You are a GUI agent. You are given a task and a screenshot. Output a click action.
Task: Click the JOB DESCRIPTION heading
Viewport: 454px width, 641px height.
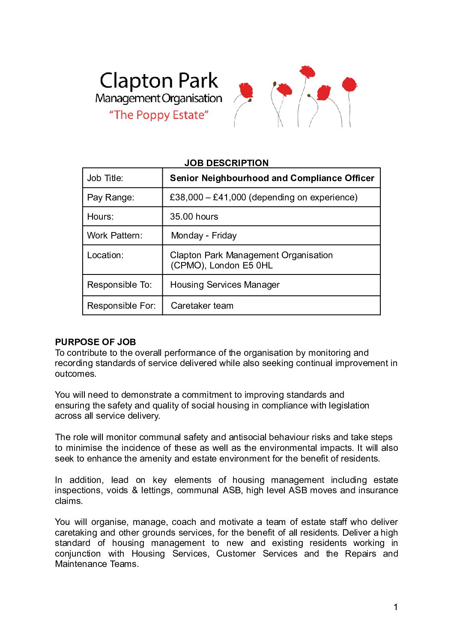[x=226, y=163]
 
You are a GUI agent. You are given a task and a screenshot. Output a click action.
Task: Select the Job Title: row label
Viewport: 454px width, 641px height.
[x=105, y=178]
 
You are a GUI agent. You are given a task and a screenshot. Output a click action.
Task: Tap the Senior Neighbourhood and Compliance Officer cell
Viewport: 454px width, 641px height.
[x=272, y=178]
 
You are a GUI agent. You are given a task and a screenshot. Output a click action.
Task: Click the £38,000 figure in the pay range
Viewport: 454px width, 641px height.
[x=186, y=197]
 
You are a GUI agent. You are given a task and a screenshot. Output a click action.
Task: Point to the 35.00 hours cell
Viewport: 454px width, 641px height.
[x=194, y=217]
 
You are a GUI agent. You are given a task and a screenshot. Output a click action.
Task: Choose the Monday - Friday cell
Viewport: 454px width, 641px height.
[x=203, y=236]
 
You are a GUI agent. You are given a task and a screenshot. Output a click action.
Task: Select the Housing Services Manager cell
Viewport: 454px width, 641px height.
[x=224, y=285]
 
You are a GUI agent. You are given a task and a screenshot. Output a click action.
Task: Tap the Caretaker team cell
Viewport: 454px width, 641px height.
[x=202, y=306]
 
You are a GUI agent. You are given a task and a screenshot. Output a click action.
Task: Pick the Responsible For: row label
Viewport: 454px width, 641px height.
[x=121, y=306]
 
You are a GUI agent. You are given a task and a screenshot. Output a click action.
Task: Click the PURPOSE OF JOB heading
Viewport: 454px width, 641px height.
[x=95, y=342]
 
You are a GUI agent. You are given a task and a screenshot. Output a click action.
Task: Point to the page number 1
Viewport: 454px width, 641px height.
[x=395, y=607]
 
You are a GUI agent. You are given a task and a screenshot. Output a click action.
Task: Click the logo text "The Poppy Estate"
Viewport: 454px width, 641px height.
[x=158, y=115]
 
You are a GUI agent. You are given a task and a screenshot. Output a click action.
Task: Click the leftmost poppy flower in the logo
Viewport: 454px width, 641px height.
[x=246, y=91]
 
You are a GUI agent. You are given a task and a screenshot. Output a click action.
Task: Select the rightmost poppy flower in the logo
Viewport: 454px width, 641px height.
[x=349, y=84]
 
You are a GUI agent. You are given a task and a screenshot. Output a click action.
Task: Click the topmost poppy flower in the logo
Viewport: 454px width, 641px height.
[x=307, y=72]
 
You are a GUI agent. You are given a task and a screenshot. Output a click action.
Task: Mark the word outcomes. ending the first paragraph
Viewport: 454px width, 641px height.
[x=75, y=374]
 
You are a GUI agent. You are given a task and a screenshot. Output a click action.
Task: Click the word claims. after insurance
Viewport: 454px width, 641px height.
[x=69, y=501]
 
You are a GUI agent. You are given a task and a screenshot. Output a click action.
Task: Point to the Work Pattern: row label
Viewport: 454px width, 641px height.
[x=114, y=236]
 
